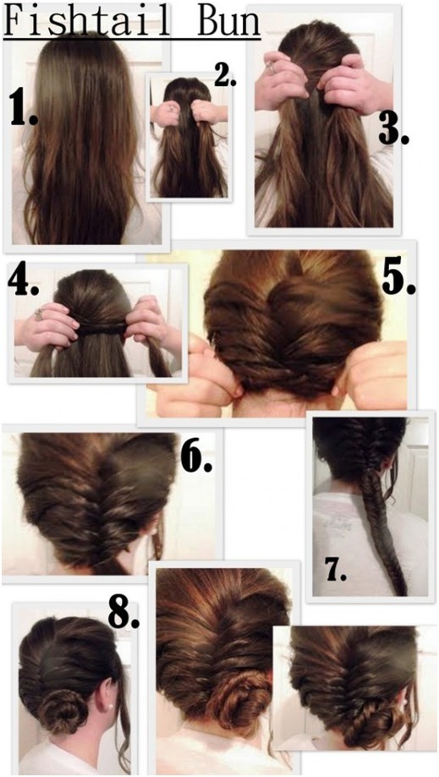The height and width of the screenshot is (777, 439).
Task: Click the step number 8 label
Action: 124,610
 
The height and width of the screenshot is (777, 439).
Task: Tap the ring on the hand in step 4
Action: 39,315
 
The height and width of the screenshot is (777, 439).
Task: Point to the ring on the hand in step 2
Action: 169,108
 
